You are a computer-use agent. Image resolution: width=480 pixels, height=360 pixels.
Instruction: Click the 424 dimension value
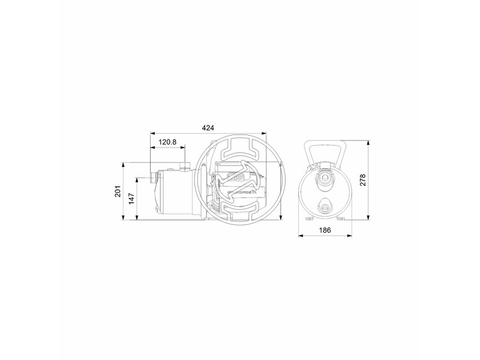pyautogui.click(x=208, y=128)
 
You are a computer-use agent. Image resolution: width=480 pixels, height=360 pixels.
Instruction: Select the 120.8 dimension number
pyautogui.click(x=167, y=142)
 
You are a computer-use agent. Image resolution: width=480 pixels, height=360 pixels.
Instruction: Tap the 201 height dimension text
pyautogui.click(x=118, y=192)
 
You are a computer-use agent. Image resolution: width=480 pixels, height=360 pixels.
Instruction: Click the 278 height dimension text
pyautogui.click(x=362, y=180)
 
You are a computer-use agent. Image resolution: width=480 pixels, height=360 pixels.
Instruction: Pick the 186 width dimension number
pyautogui.click(x=325, y=230)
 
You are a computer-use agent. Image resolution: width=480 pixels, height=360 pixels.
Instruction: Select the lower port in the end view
pyautogui.click(x=325, y=208)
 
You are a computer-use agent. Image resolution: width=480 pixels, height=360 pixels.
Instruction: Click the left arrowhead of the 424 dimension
pyautogui.click(x=152, y=133)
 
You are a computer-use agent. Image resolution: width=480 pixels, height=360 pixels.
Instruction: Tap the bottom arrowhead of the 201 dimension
pyautogui.click(x=124, y=220)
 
